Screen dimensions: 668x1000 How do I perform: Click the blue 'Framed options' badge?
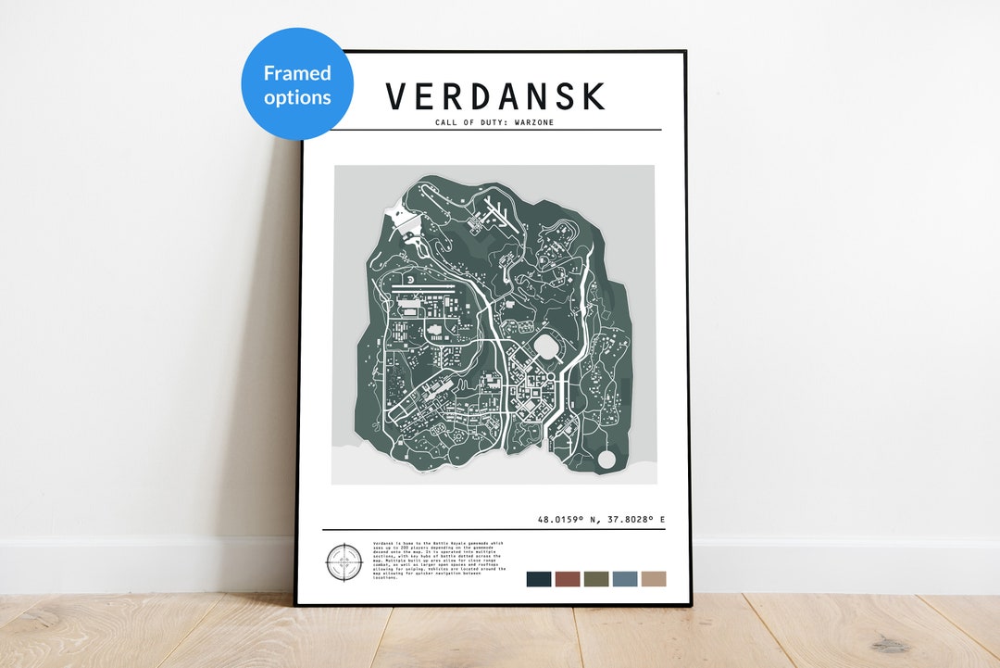[297, 84]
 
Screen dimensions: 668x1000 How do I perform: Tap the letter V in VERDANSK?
[396, 97]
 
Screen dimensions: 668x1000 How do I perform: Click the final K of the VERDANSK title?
[594, 97]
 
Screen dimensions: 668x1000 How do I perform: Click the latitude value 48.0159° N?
[569, 520]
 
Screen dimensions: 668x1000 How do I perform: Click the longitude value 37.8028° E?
[635, 520]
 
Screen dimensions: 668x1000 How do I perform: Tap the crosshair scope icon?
[342, 562]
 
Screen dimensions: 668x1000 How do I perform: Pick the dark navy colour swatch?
[539, 578]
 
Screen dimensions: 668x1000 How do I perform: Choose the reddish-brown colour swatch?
[568, 578]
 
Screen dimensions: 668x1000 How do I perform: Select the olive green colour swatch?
[596, 578]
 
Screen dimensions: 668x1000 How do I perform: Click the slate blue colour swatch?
[625, 578]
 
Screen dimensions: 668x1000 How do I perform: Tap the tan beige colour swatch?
[654, 578]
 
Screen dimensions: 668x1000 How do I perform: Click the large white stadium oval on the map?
[547, 349]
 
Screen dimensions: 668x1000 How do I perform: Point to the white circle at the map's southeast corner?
[607, 458]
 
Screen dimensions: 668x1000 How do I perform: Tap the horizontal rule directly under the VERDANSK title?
[495, 130]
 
